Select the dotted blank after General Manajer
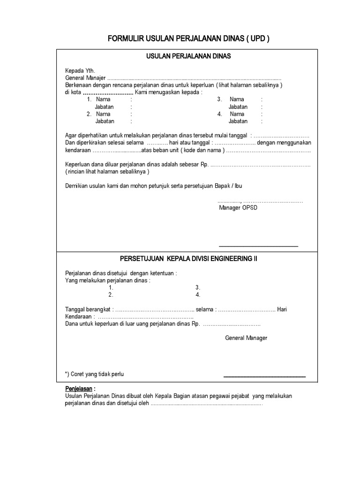point(194,78)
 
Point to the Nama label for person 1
point(103,99)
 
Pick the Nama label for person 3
point(237,99)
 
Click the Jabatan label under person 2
point(105,121)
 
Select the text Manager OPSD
point(238,208)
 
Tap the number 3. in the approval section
point(198,287)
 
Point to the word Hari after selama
point(282,309)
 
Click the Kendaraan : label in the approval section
point(79,317)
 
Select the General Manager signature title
point(246,337)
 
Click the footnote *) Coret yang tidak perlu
point(94,374)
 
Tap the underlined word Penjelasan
point(78,389)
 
